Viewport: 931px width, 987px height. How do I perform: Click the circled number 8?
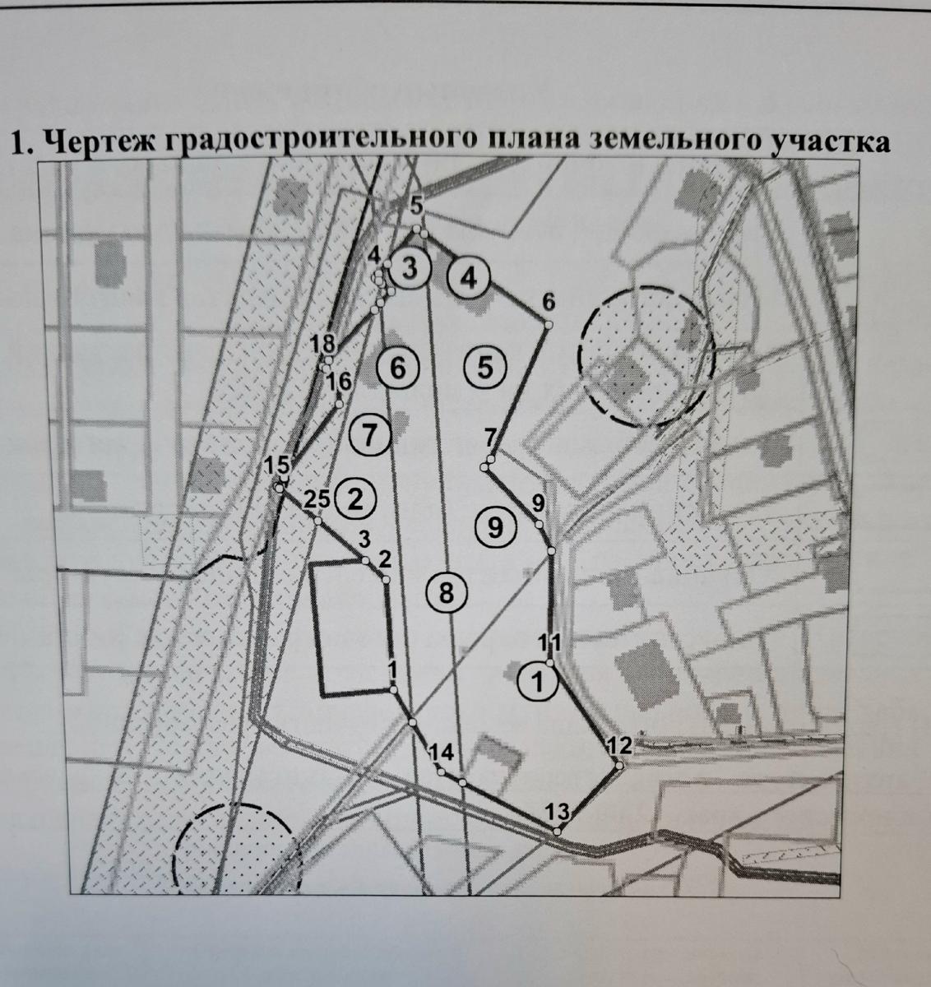click(447, 592)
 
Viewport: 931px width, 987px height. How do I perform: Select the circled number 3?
click(409, 269)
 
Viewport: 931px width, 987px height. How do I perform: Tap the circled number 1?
click(538, 681)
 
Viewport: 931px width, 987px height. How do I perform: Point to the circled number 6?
click(398, 368)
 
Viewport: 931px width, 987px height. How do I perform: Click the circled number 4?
click(468, 278)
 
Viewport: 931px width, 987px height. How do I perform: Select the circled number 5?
click(485, 368)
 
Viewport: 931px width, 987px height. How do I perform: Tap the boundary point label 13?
click(558, 812)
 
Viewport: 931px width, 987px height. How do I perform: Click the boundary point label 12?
click(619, 745)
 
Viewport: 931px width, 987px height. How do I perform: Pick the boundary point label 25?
click(317, 499)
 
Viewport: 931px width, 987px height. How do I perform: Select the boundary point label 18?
click(323, 344)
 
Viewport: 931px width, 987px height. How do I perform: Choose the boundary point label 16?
click(339, 382)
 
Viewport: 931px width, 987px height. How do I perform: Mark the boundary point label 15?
click(276, 466)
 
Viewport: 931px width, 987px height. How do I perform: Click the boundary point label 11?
click(549, 642)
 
